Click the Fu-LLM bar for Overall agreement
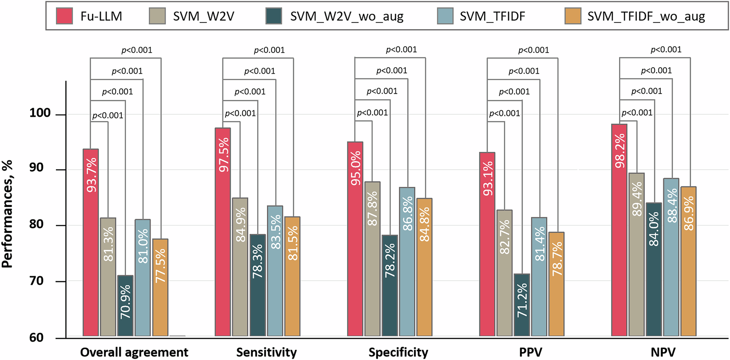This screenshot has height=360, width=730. [x=91, y=242]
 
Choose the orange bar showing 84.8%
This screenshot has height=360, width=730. [x=424, y=267]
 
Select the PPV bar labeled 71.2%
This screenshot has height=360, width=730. [x=522, y=305]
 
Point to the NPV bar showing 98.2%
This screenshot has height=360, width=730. [x=619, y=229]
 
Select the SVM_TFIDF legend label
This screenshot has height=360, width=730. [x=492, y=16]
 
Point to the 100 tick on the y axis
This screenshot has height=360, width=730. [x=40, y=113]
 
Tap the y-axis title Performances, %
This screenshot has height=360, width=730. [x=7, y=214]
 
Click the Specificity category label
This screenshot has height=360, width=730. [x=398, y=352]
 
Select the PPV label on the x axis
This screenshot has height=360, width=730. [x=531, y=352]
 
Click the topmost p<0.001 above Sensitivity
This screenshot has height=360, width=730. [x=269, y=50]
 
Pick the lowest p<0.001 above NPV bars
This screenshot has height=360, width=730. [x=637, y=113]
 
